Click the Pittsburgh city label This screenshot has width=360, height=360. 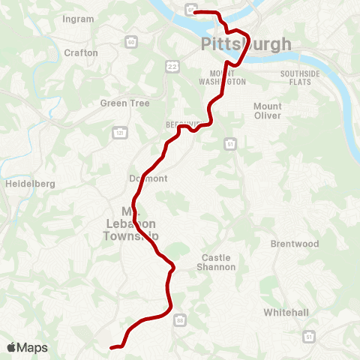click(246, 44)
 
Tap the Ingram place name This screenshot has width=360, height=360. click(79, 17)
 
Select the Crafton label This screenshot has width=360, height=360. click(81, 52)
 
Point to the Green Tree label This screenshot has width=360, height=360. click(125, 103)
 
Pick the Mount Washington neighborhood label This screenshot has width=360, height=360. click(222, 77)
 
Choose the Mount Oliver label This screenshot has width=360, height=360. click(268, 111)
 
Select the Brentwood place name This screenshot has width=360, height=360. click(295, 244)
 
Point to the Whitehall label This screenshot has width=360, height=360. click(286, 311)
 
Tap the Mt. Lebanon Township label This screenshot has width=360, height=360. click(131, 223)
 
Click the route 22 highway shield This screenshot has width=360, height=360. click(172, 67)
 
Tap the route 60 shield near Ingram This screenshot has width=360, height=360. click(132, 42)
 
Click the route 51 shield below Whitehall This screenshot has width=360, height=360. click(309, 337)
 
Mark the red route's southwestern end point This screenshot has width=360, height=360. click(112, 347)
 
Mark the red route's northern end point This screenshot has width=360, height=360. click(195, 12)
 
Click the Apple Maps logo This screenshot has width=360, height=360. click(27, 347)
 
